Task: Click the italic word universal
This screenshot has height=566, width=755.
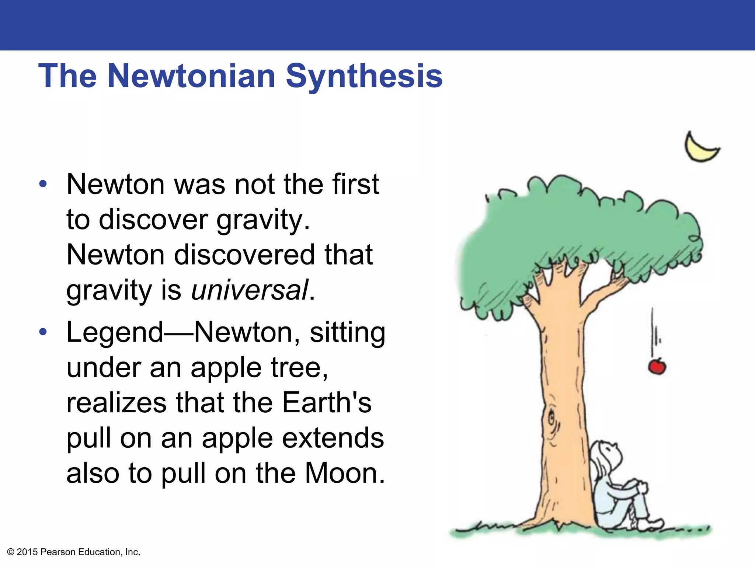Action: [250, 290]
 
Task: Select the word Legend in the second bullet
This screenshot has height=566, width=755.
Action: [115, 333]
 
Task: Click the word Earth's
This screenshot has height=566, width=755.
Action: [327, 402]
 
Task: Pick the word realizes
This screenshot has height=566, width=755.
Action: [116, 402]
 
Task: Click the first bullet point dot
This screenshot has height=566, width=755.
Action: [43, 184]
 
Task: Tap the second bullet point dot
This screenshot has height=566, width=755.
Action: [43, 332]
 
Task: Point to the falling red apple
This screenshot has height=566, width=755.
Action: [657, 367]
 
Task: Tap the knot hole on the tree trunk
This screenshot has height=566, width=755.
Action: [552, 419]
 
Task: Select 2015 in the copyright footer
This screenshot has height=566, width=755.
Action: [27, 552]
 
